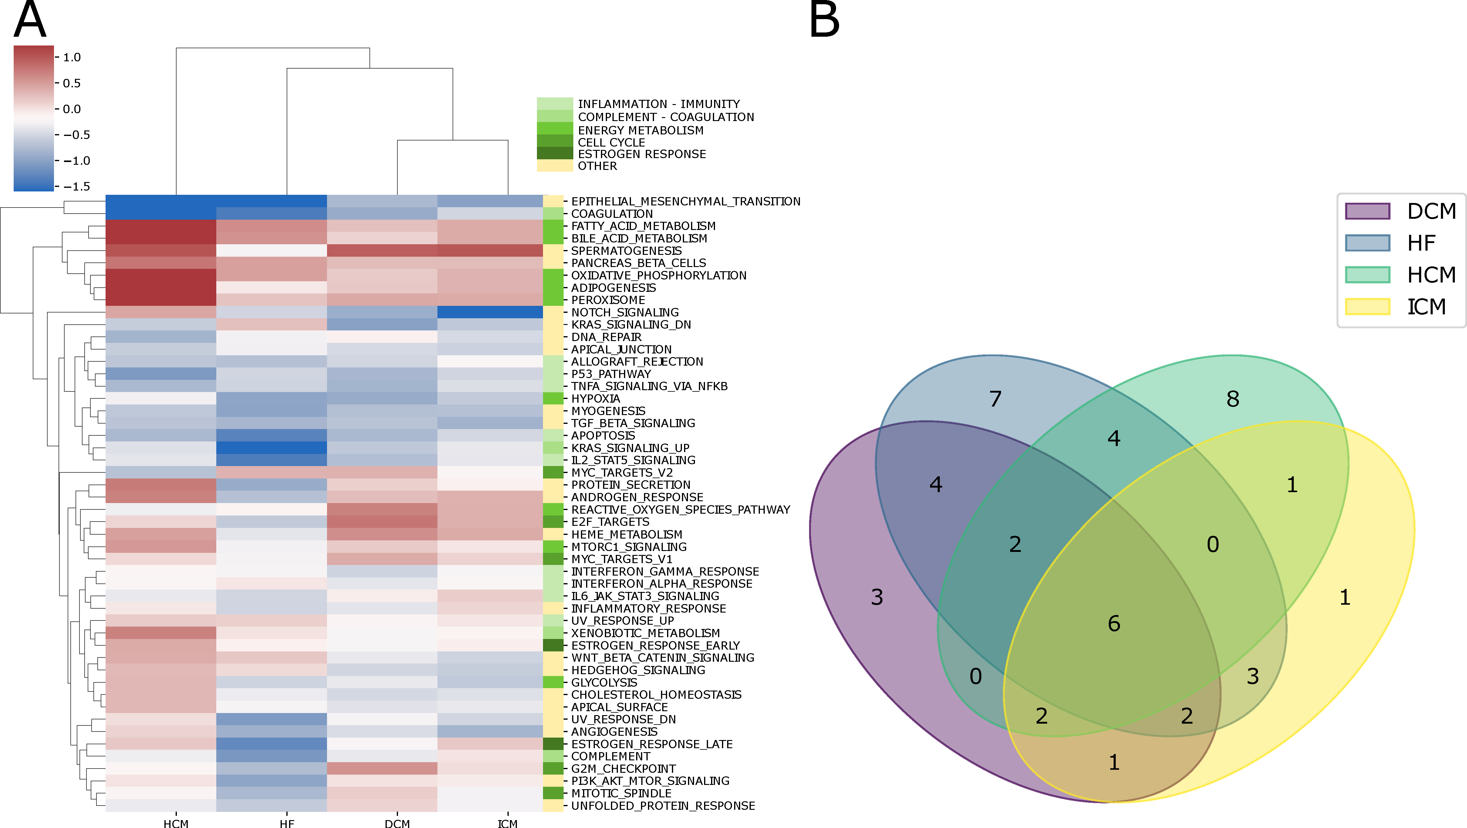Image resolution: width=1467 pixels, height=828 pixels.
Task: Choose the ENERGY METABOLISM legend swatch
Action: point(555,129)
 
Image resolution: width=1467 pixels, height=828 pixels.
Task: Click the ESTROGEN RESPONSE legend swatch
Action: point(555,153)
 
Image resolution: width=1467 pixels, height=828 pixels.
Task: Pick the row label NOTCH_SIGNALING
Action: point(625,313)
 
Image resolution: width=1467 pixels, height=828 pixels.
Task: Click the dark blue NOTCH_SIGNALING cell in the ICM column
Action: point(490,312)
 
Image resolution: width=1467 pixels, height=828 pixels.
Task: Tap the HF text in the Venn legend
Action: point(1421,243)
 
